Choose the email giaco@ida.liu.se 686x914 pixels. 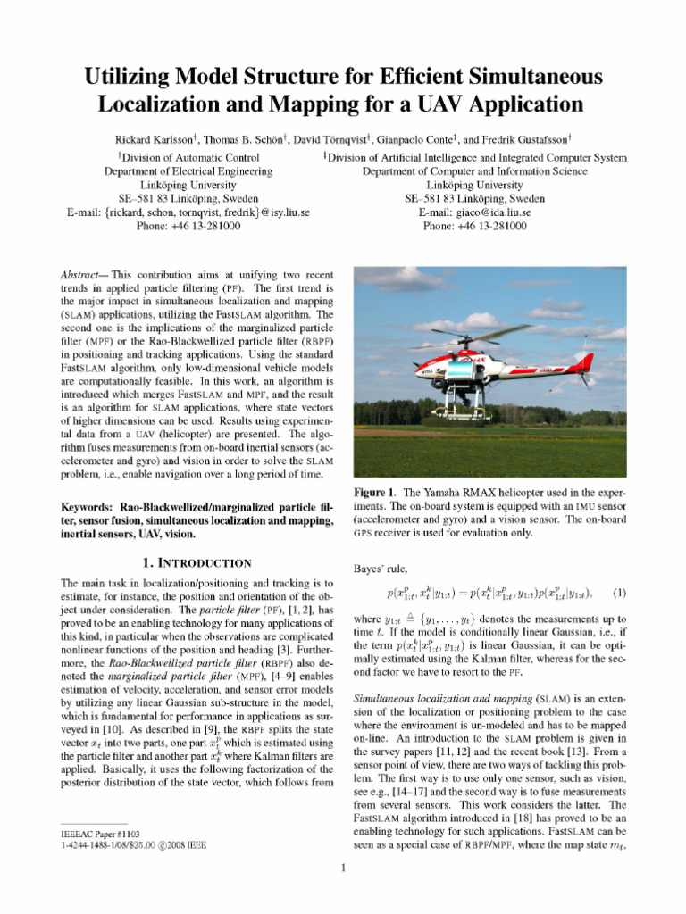[x=474, y=212]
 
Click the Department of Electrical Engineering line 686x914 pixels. [x=188, y=170]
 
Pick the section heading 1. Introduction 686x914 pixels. [x=197, y=563]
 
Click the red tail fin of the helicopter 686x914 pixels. [x=585, y=362]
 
